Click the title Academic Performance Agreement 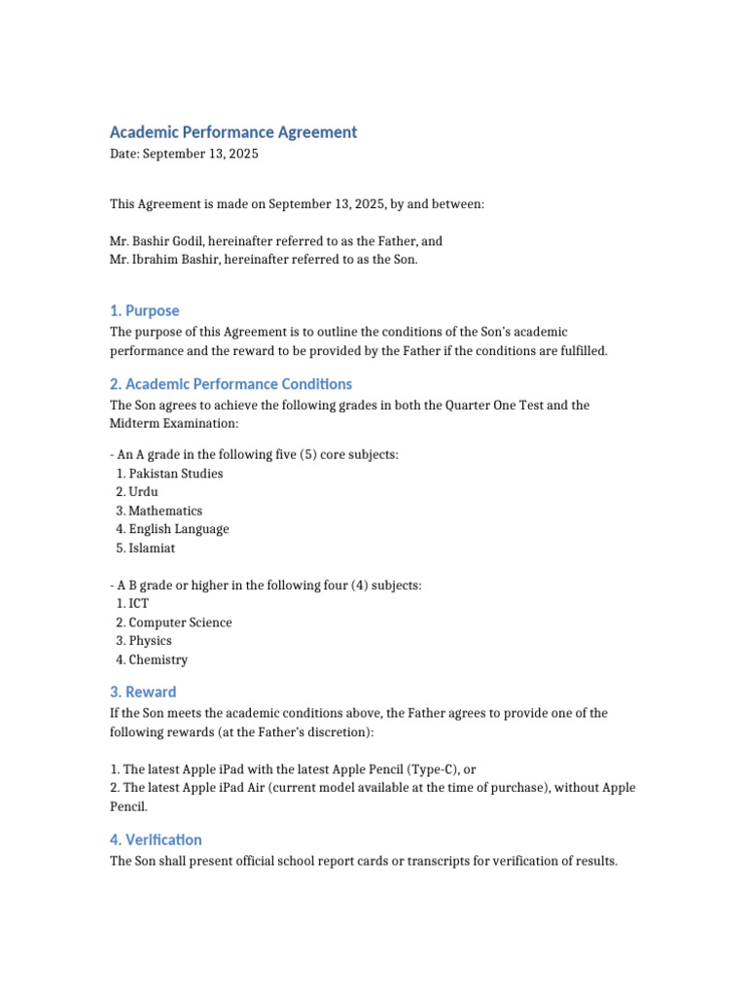[233, 132]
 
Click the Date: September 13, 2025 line [184, 154]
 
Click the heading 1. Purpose [144, 311]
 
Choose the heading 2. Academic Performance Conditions [231, 384]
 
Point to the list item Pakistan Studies [176, 474]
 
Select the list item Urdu [143, 492]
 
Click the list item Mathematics [165, 511]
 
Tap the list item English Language [179, 529]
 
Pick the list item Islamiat [152, 549]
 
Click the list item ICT [139, 604]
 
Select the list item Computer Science [180, 622]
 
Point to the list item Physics [150, 641]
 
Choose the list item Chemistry [158, 659]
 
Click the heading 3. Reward [143, 693]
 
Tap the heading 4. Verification [156, 840]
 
